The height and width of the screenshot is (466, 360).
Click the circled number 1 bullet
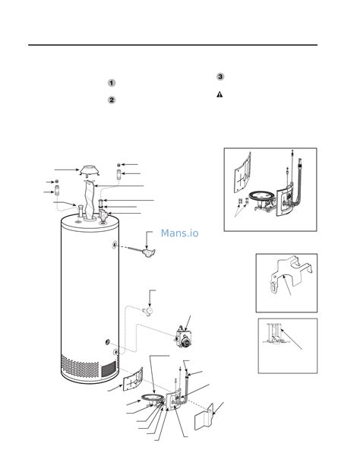(111, 83)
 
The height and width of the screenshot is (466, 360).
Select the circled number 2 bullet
(111, 100)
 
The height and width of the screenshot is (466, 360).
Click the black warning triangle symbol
(219, 94)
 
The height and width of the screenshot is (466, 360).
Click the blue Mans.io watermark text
(179, 233)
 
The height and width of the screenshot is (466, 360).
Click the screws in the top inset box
(240, 203)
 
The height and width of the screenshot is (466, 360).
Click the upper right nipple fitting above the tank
(119, 176)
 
